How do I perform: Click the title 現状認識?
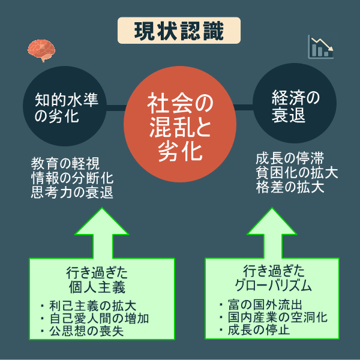pyautogui.click(x=179, y=31)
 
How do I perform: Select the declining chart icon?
pyautogui.click(x=320, y=47)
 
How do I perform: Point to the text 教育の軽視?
pyautogui.click(x=65, y=163)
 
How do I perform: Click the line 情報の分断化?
pyautogui.click(x=71, y=178)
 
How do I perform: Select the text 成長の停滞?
pyautogui.click(x=290, y=159)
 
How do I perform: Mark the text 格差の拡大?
pyautogui.click(x=290, y=188)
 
